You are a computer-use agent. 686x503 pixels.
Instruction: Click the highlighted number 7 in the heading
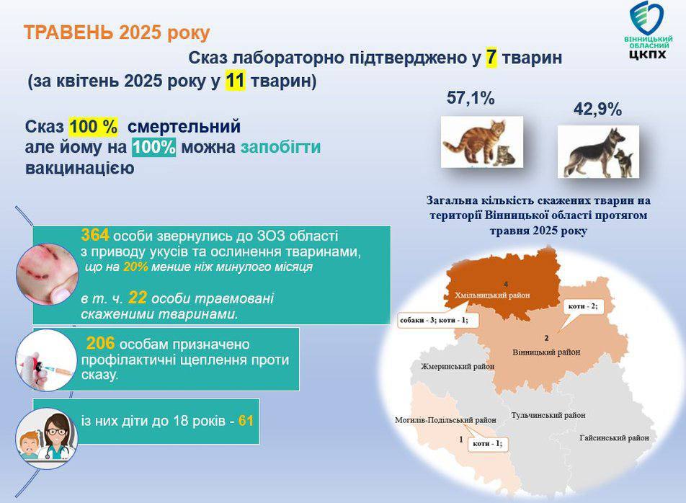pyautogui.click(x=491, y=58)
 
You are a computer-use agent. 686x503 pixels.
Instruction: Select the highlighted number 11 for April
pyautogui.click(x=235, y=81)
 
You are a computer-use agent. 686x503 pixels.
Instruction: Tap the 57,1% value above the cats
pyautogui.click(x=471, y=98)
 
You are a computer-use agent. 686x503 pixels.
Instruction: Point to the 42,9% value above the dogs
pyautogui.click(x=597, y=109)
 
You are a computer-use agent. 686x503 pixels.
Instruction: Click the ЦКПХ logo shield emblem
pyautogui.click(x=646, y=18)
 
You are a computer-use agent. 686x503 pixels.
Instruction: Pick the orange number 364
pyautogui.click(x=95, y=235)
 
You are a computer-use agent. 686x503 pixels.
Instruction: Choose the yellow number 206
pyautogui.click(x=100, y=343)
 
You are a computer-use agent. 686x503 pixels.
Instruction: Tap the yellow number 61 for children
pyautogui.click(x=246, y=421)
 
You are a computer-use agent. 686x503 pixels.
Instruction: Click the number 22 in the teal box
pyautogui.click(x=138, y=298)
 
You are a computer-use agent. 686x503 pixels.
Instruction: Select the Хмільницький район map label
pyautogui.click(x=492, y=295)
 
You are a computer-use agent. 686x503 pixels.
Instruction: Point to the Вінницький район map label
pyautogui.click(x=546, y=352)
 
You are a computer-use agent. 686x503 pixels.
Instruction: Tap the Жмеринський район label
pyautogui.click(x=458, y=367)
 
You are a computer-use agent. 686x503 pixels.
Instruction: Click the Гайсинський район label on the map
pyautogui.click(x=614, y=438)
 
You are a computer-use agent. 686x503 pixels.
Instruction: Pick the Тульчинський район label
pyautogui.click(x=548, y=415)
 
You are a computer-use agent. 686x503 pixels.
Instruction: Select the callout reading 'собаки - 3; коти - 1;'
pyautogui.click(x=437, y=321)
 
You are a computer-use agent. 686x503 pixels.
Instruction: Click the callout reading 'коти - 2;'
pyautogui.click(x=583, y=306)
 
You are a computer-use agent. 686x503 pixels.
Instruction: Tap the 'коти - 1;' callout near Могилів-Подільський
pyautogui.click(x=487, y=443)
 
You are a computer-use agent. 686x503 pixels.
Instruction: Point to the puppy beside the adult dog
pyautogui.click(x=623, y=162)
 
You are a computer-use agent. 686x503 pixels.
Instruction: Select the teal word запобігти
pyautogui.click(x=280, y=148)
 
